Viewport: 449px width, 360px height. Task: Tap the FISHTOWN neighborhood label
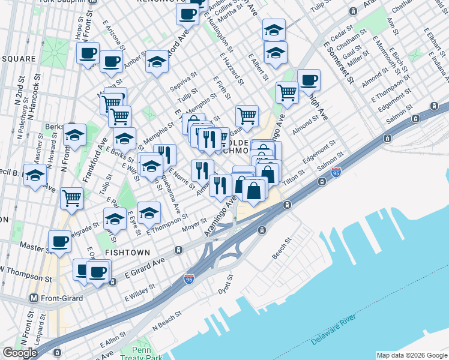point(123,253)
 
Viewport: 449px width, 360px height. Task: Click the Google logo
point(20,353)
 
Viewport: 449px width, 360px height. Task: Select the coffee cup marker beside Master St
point(59,241)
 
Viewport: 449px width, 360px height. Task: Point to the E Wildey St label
point(139,293)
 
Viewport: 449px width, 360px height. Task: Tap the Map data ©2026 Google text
point(412,355)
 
